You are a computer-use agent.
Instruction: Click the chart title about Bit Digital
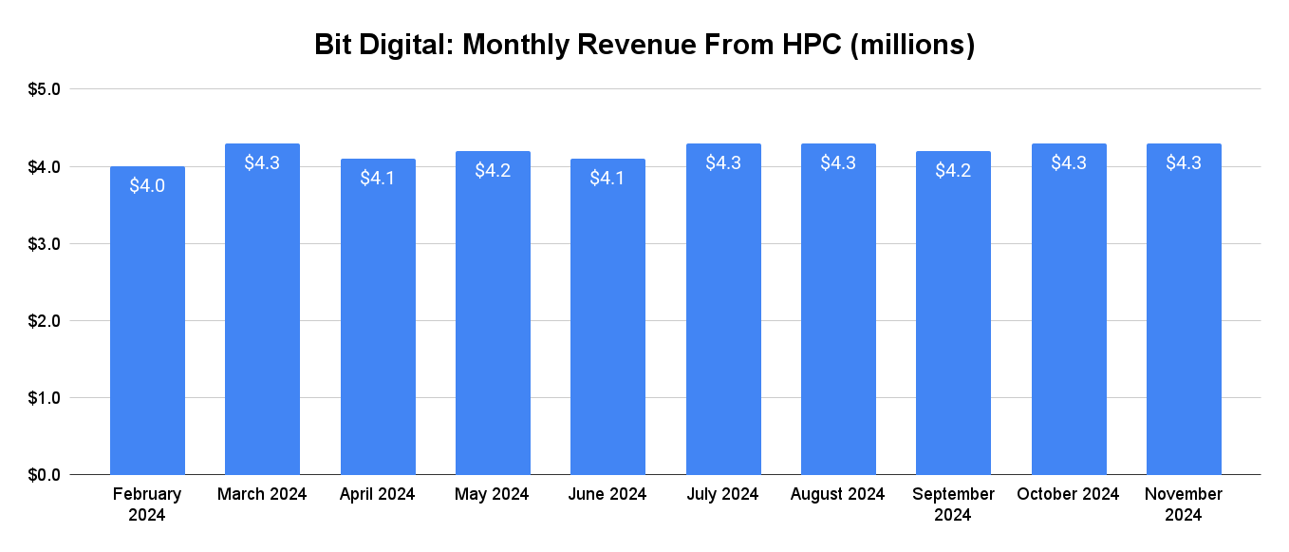click(644, 45)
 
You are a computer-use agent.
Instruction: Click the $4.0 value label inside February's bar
click(147, 185)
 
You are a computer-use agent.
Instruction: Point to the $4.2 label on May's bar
click(493, 170)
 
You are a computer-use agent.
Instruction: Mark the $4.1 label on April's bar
click(378, 178)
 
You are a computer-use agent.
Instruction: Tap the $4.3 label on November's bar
click(1184, 162)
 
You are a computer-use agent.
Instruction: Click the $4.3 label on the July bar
click(723, 162)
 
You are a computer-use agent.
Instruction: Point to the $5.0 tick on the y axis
click(43, 89)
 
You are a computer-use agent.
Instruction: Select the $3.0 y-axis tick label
click(43, 244)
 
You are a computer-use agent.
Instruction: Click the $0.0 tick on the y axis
click(43, 474)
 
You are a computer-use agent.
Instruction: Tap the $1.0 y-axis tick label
click(43, 398)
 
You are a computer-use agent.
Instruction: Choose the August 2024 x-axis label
click(838, 494)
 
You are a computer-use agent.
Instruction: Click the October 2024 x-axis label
click(1068, 494)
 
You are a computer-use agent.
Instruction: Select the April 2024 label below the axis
click(378, 494)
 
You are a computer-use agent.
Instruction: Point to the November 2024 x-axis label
click(1184, 504)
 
